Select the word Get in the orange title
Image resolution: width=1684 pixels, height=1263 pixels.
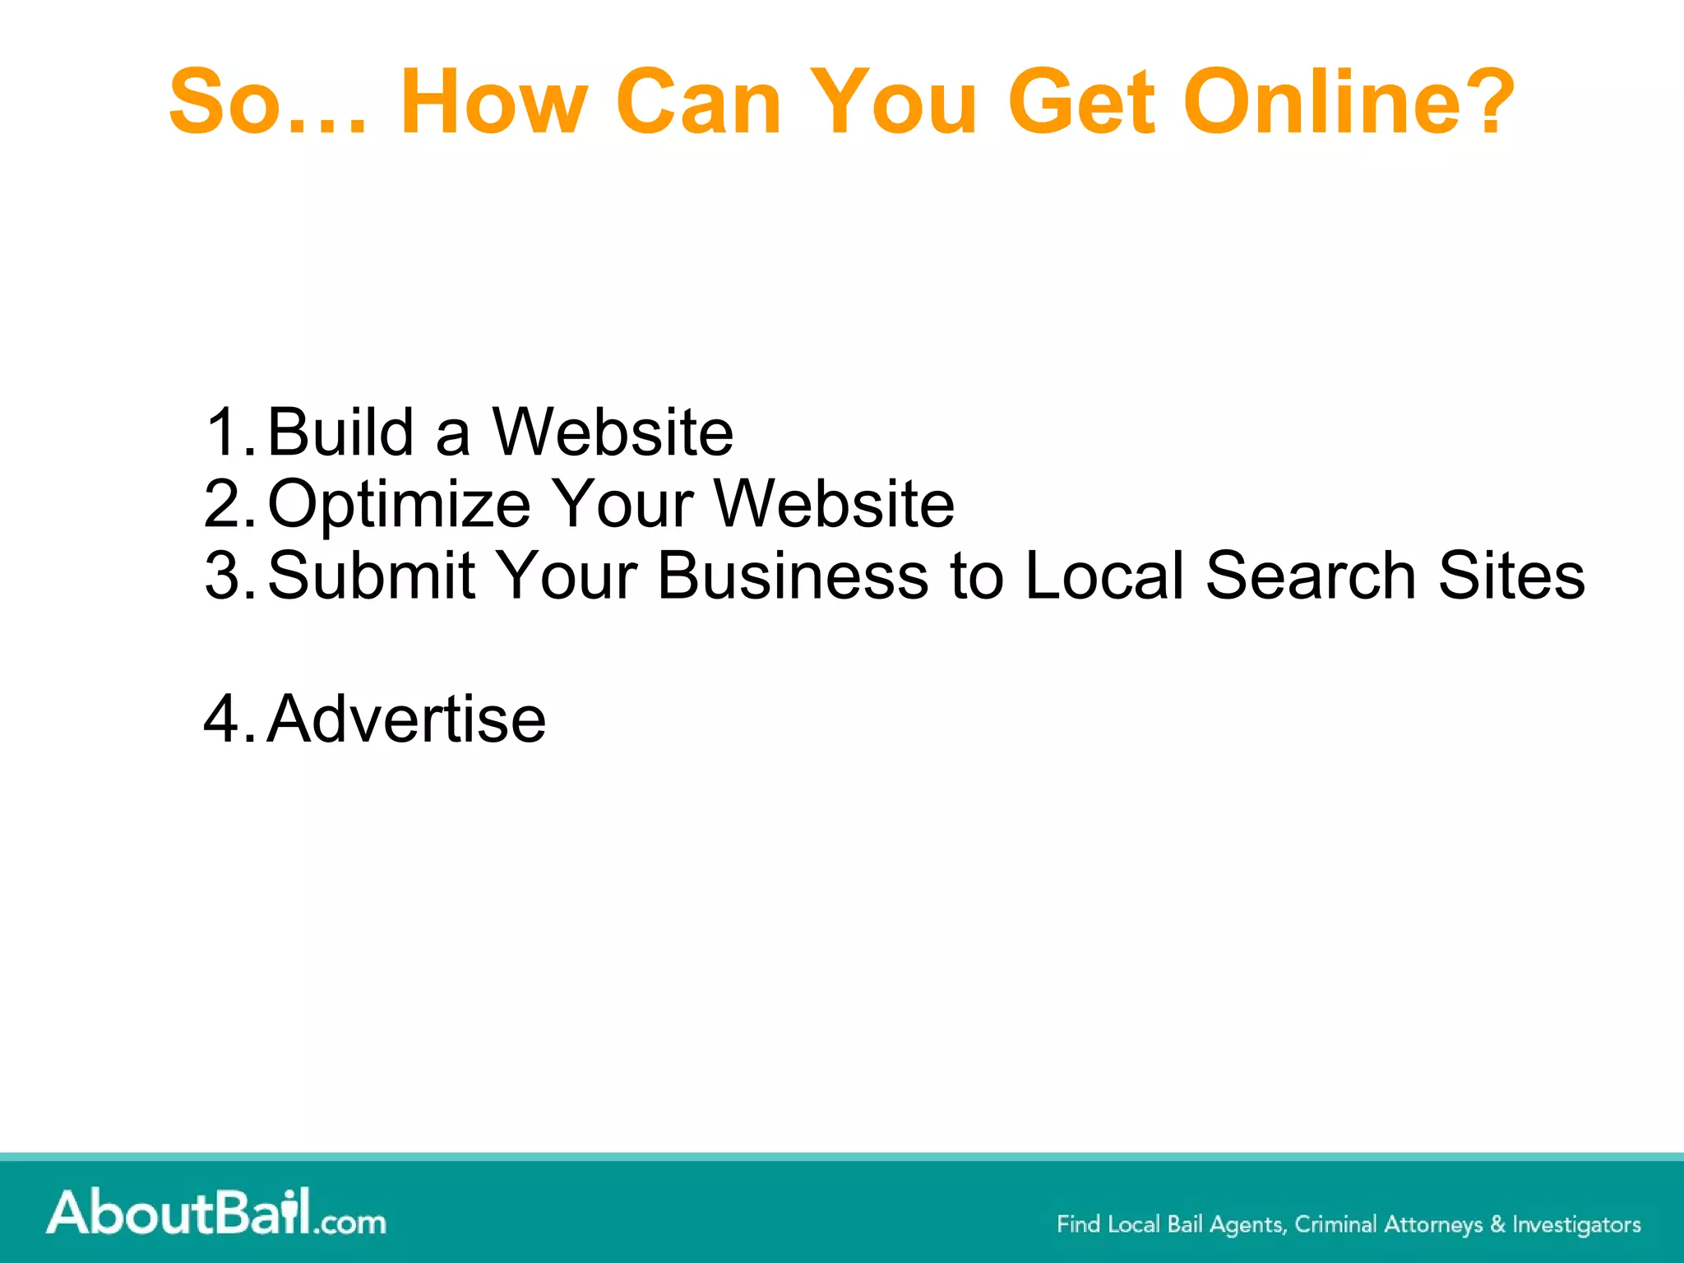(x=1083, y=102)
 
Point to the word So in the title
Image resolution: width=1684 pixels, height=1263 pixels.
(x=222, y=102)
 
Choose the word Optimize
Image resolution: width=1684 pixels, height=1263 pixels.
(x=399, y=504)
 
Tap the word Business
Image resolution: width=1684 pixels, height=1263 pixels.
(x=793, y=576)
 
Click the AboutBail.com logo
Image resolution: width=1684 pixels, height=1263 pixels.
(x=216, y=1213)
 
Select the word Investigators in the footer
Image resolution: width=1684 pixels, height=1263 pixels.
(x=1576, y=1224)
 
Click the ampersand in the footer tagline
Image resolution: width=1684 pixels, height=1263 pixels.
(x=1497, y=1224)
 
